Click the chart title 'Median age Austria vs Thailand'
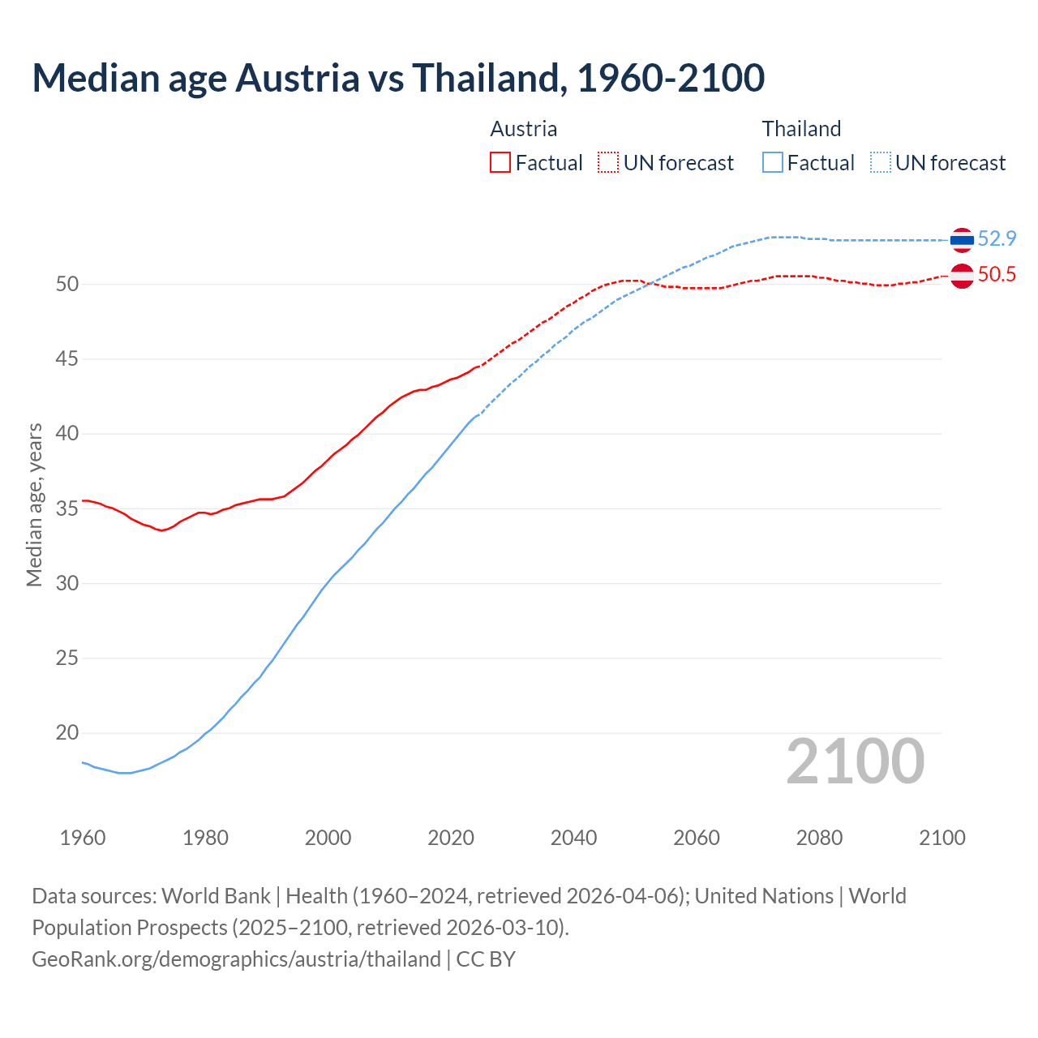coord(397,78)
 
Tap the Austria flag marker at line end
coord(962,276)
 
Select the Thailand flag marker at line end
coord(962,239)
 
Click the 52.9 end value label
coord(997,238)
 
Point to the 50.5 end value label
coord(997,275)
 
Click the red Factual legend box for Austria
coord(500,163)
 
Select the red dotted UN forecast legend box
coord(608,163)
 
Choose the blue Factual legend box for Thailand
coord(773,163)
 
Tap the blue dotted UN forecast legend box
coord(881,163)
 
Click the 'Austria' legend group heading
coord(523,129)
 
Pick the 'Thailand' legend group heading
coord(801,129)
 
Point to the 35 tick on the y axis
coord(66,508)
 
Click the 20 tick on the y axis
coord(66,733)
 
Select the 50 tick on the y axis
coord(66,284)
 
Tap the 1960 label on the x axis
coord(83,838)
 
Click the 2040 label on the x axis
coord(573,838)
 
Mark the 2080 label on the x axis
coord(819,838)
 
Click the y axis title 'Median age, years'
coord(34,504)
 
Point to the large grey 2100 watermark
coord(855,761)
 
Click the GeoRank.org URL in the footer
coord(236,959)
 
